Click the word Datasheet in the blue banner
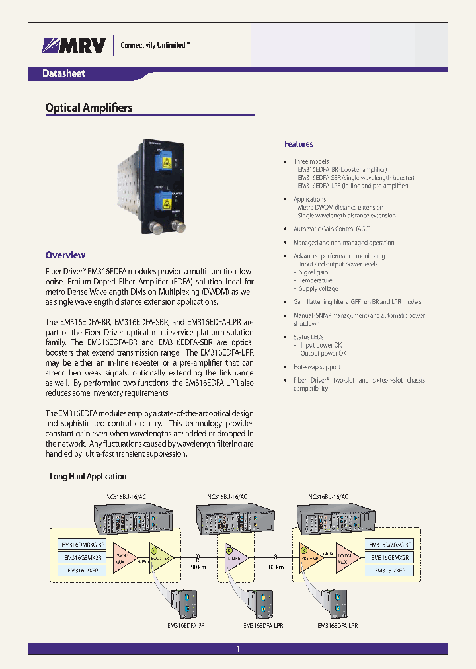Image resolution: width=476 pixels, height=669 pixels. click(x=63, y=74)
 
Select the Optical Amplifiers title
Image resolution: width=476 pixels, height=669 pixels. click(x=89, y=108)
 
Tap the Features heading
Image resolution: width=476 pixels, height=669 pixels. click(x=298, y=144)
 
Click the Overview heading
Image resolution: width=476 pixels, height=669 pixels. click(x=65, y=255)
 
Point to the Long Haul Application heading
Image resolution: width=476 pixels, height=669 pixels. click(x=88, y=476)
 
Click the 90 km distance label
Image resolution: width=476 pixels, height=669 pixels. click(x=198, y=568)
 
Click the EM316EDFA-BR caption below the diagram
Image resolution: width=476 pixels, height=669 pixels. click(x=186, y=625)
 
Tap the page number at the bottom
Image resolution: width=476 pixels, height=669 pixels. click(x=237, y=650)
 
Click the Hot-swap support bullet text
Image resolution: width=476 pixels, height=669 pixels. click(x=317, y=367)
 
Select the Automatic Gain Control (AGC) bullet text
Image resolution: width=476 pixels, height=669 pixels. click(x=332, y=229)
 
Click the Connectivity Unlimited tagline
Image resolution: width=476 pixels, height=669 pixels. click(x=155, y=45)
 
